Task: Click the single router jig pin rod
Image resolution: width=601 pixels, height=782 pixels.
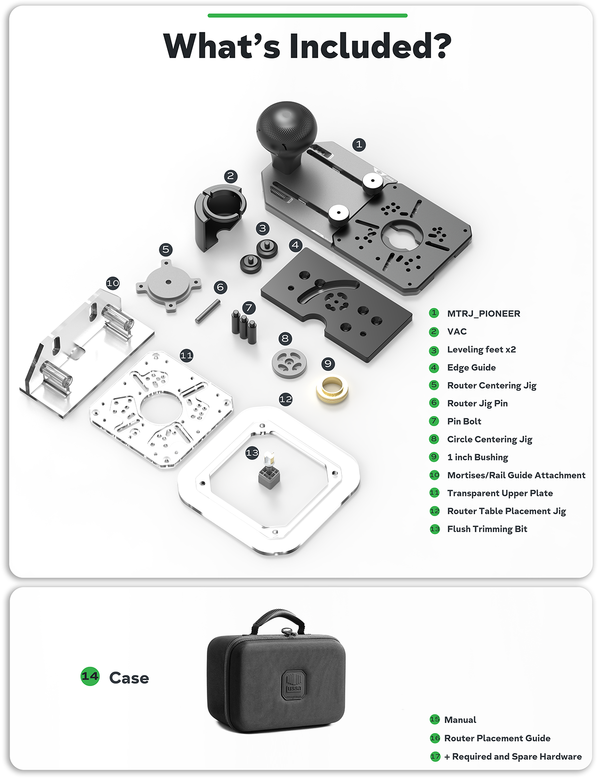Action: (x=208, y=310)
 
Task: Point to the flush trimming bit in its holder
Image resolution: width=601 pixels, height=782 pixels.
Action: (x=269, y=472)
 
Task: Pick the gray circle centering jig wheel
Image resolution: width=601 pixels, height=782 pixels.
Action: (x=289, y=363)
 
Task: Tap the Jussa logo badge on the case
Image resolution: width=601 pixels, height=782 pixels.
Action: (x=293, y=684)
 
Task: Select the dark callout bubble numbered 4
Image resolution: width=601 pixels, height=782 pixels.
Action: (x=295, y=245)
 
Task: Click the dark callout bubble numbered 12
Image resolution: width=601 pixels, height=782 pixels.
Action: (x=286, y=399)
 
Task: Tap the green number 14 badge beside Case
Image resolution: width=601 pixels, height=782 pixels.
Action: (x=90, y=676)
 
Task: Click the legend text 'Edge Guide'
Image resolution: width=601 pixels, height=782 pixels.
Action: (x=471, y=368)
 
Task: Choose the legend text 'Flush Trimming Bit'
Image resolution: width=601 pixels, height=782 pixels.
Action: (x=487, y=529)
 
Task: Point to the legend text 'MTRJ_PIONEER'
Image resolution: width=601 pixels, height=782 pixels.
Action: (x=483, y=314)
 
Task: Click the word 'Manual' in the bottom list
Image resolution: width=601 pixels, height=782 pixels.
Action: (x=460, y=720)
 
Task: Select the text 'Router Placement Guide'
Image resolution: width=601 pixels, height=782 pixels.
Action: (x=497, y=738)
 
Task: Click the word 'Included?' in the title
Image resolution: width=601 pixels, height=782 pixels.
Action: (x=370, y=46)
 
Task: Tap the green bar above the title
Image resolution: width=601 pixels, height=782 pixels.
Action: (x=308, y=15)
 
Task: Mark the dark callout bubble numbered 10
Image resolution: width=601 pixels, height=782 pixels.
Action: (x=113, y=283)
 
